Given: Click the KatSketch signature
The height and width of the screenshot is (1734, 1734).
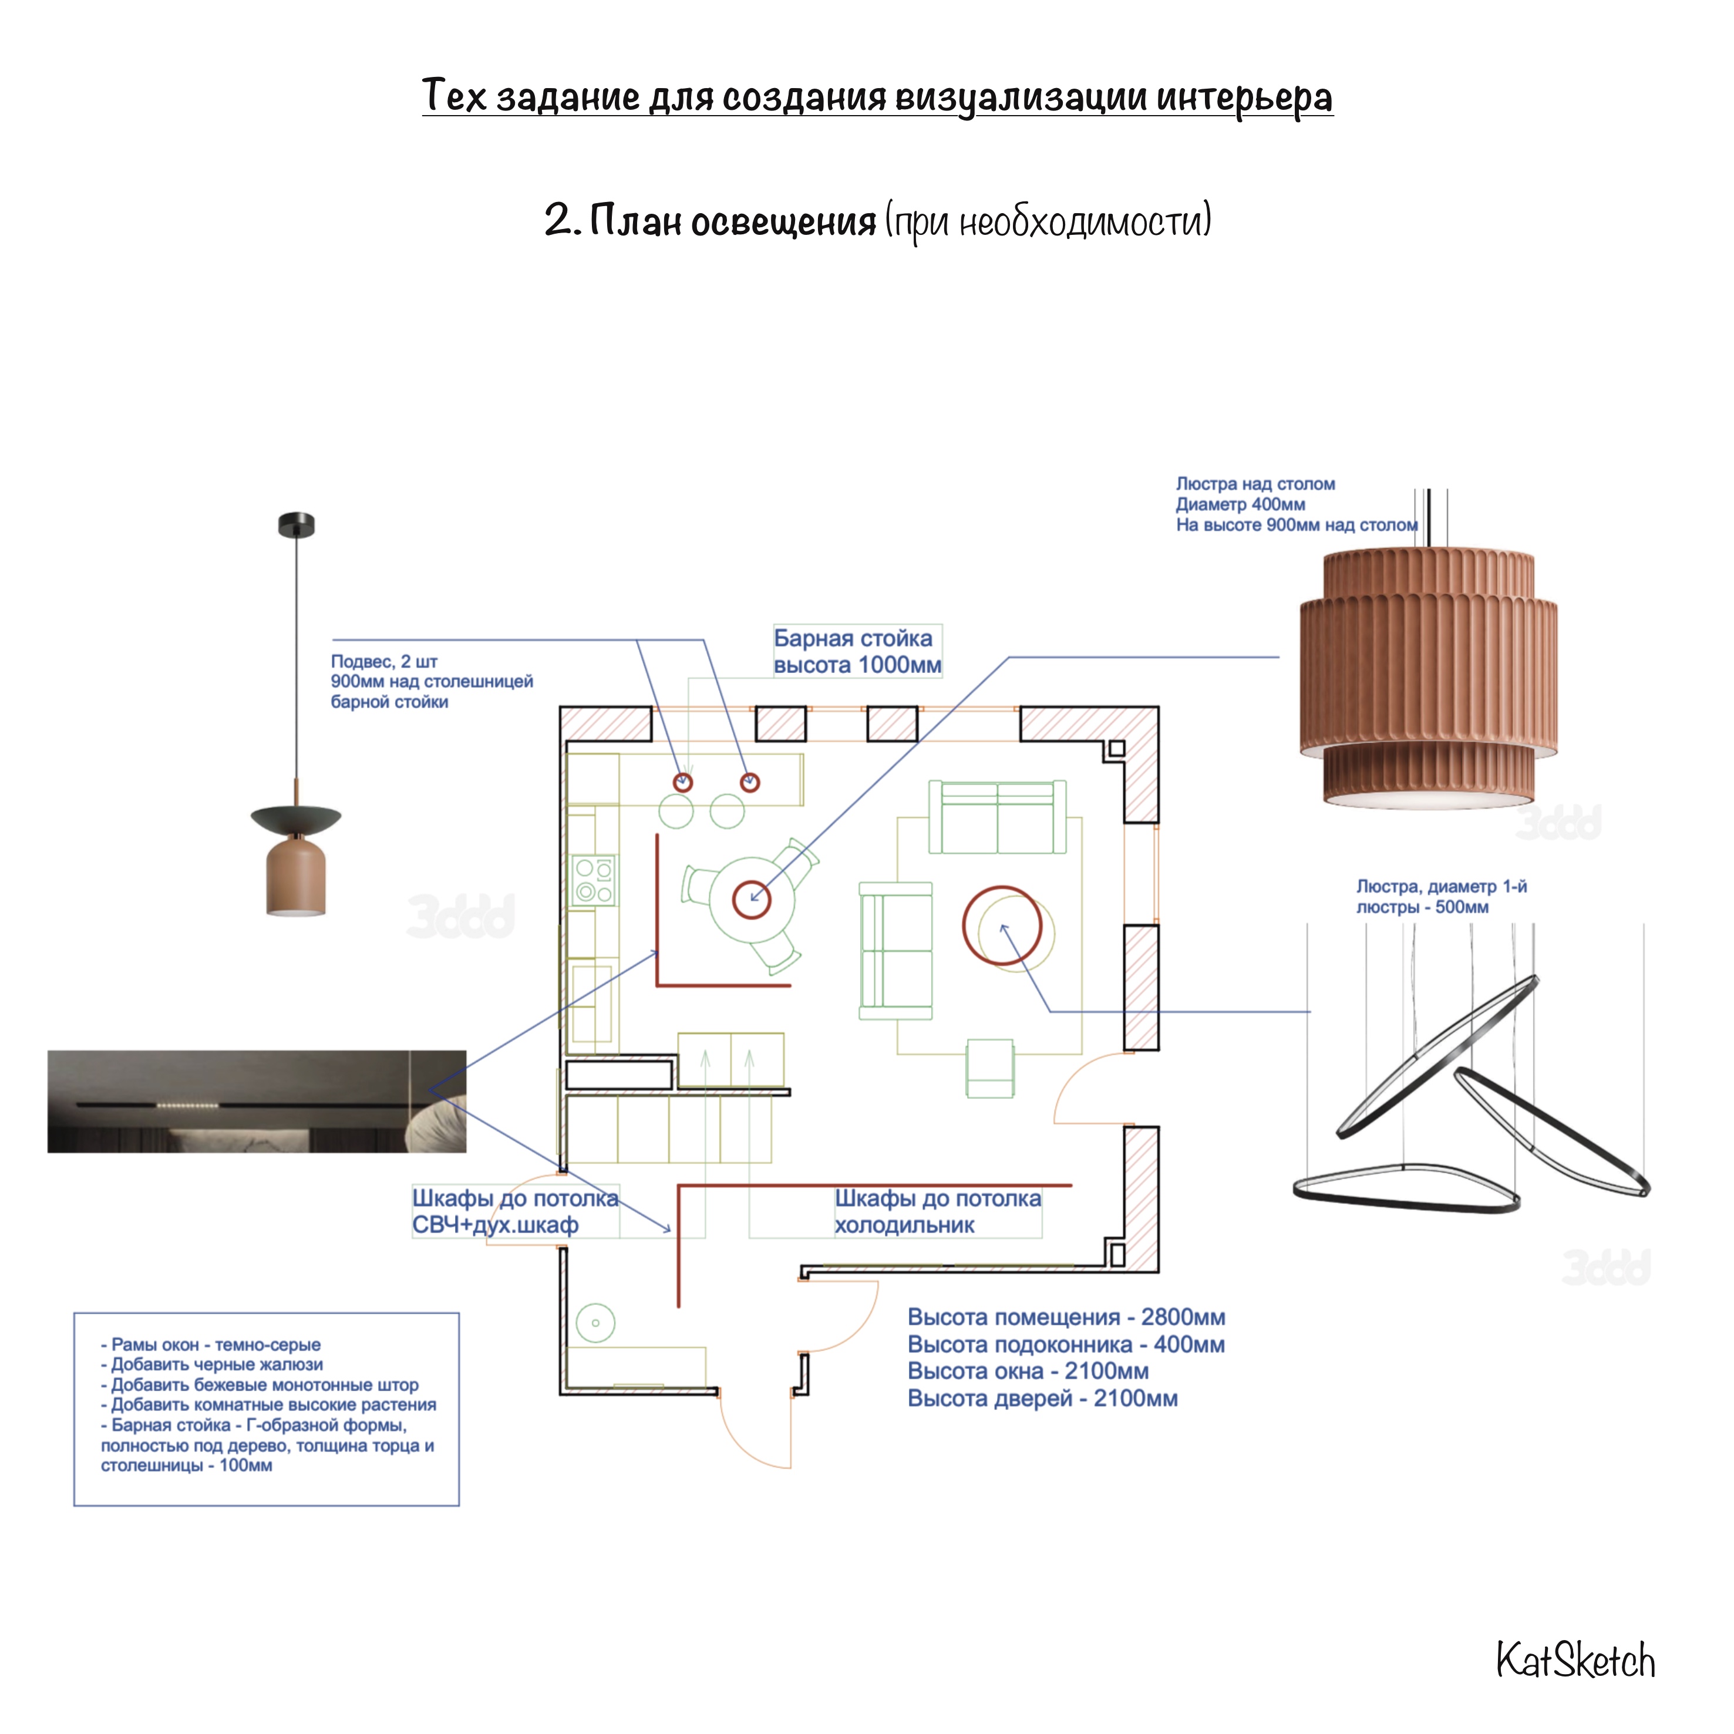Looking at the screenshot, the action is click(x=1575, y=1661).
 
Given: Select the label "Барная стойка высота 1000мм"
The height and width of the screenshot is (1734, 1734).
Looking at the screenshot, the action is click(x=857, y=652).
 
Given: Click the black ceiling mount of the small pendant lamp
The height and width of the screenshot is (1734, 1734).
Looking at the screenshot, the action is click(x=296, y=525).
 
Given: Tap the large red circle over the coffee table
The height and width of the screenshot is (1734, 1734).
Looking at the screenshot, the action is click(x=1002, y=925).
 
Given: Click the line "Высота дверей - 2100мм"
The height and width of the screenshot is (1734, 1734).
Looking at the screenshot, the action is click(x=1042, y=1398).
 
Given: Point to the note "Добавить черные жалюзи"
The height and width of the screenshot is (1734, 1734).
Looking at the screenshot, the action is click(x=212, y=1364).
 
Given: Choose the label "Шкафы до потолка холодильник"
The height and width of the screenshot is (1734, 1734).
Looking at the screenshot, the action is click(x=938, y=1211).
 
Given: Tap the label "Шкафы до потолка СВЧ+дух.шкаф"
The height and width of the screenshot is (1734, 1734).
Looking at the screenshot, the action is click(x=515, y=1211).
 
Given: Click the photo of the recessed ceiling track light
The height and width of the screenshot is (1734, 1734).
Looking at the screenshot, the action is click(x=257, y=1101).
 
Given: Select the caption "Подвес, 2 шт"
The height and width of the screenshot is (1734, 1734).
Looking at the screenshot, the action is click(x=384, y=661).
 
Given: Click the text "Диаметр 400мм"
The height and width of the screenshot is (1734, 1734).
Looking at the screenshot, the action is click(x=1240, y=504).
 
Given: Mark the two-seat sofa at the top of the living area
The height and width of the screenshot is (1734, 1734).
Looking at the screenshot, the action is click(x=997, y=817).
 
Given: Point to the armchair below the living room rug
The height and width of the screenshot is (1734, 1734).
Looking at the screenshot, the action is click(x=990, y=1068).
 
